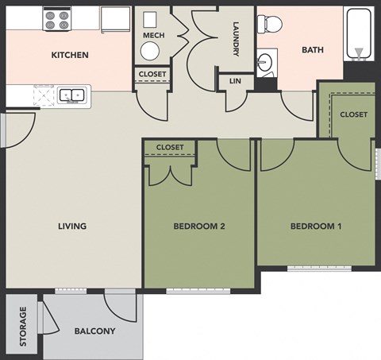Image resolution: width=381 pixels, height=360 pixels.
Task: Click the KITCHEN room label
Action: point(70,56)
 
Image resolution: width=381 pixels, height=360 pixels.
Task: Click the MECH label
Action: point(153,36)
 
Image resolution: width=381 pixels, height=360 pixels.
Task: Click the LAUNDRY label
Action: point(236,39)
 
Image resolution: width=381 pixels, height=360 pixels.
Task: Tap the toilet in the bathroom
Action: point(271,25)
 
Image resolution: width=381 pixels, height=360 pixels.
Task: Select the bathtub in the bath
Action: point(360,33)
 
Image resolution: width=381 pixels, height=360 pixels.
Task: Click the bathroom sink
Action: point(266,60)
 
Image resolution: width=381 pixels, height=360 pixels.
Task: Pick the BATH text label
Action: point(313,50)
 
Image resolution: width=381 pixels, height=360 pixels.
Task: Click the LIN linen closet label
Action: point(235,81)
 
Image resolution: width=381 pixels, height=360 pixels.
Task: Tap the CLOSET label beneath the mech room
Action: point(152,75)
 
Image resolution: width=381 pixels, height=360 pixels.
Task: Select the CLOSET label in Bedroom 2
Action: point(170,148)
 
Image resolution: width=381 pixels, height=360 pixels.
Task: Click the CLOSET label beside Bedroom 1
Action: point(354,114)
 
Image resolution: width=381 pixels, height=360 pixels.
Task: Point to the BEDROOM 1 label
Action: point(316,226)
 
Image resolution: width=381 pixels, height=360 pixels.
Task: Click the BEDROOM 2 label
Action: point(199,226)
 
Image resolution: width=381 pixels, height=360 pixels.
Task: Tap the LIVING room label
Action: point(72,226)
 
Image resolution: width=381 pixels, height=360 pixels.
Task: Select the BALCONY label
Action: point(94,331)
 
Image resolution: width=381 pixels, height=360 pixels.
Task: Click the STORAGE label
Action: point(24,327)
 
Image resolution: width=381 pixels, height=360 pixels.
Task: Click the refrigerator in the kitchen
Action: point(116,18)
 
